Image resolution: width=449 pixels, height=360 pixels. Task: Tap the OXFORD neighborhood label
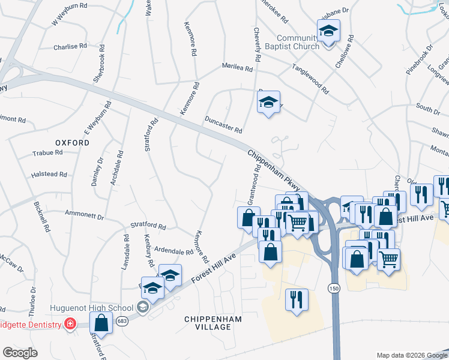pos(72,143)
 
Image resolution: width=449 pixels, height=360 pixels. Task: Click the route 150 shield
pos(334,289)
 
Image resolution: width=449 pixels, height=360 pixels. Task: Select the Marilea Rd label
pos(237,67)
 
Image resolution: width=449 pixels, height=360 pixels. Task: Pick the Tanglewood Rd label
pos(310,79)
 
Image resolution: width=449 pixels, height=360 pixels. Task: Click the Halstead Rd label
pos(49,175)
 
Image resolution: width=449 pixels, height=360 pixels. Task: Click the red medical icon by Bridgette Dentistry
pos(70,325)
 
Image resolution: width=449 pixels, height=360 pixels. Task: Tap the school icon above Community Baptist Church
pos(328,31)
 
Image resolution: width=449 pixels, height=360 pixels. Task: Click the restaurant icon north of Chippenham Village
pos(297,298)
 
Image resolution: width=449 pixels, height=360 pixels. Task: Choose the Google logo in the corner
pos(20,352)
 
